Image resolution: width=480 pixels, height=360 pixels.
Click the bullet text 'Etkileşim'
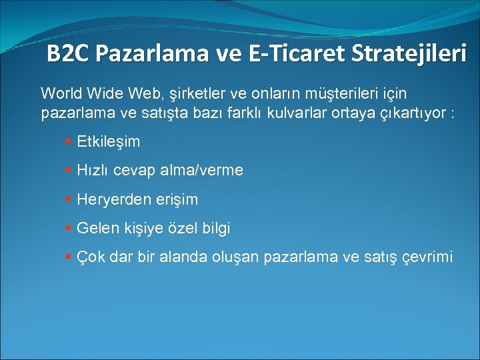(109, 142)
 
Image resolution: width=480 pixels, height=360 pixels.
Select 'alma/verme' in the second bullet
(207, 171)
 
